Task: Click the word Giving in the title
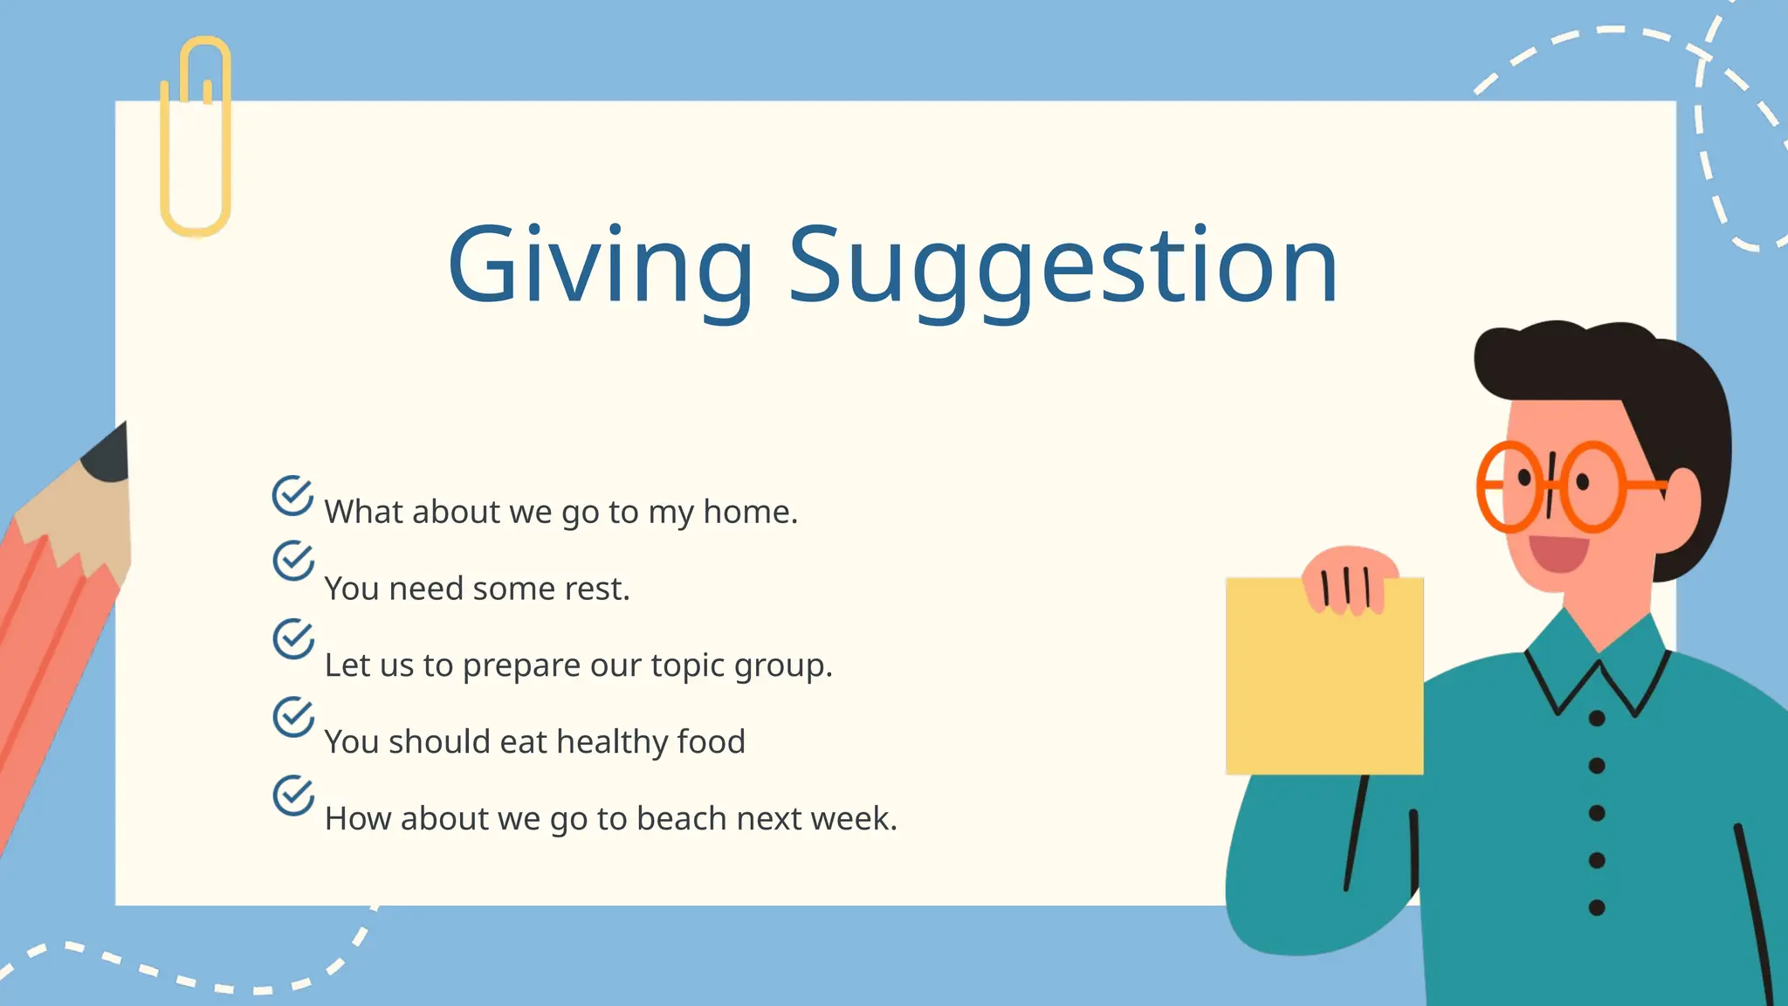pyautogui.click(x=600, y=265)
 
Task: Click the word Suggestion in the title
pyautogui.click(x=1062, y=265)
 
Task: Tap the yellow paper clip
pyautogui.click(x=196, y=135)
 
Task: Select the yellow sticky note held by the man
pyautogui.click(x=1324, y=690)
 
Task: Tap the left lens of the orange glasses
pyautogui.click(x=1511, y=486)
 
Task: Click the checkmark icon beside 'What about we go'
pyautogui.click(x=292, y=496)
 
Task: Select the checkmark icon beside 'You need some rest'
pyautogui.click(x=292, y=561)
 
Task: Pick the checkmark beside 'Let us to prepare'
pyautogui.click(x=292, y=638)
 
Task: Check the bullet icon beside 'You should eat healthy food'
pyautogui.click(x=292, y=716)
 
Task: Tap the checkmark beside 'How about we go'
pyautogui.click(x=292, y=795)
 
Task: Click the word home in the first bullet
pyautogui.click(x=750, y=512)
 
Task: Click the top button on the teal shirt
pyautogui.click(x=1597, y=719)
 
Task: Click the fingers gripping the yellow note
pyautogui.click(x=1349, y=583)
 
